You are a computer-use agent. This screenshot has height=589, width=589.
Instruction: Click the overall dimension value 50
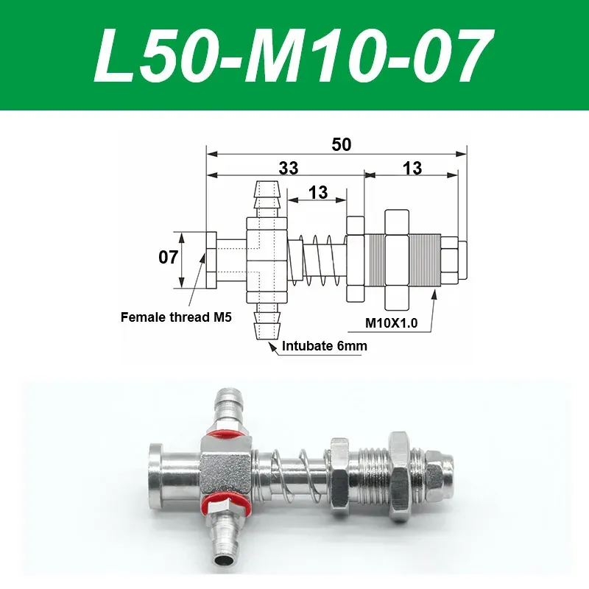[341, 144]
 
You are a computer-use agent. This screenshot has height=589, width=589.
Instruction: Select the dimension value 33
[289, 168]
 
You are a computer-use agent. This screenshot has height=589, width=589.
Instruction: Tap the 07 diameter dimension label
[169, 258]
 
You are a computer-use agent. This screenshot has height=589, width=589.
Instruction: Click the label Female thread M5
[176, 318]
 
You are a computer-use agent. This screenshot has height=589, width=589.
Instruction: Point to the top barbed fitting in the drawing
[267, 200]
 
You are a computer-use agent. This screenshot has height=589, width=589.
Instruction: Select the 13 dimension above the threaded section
[412, 168]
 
